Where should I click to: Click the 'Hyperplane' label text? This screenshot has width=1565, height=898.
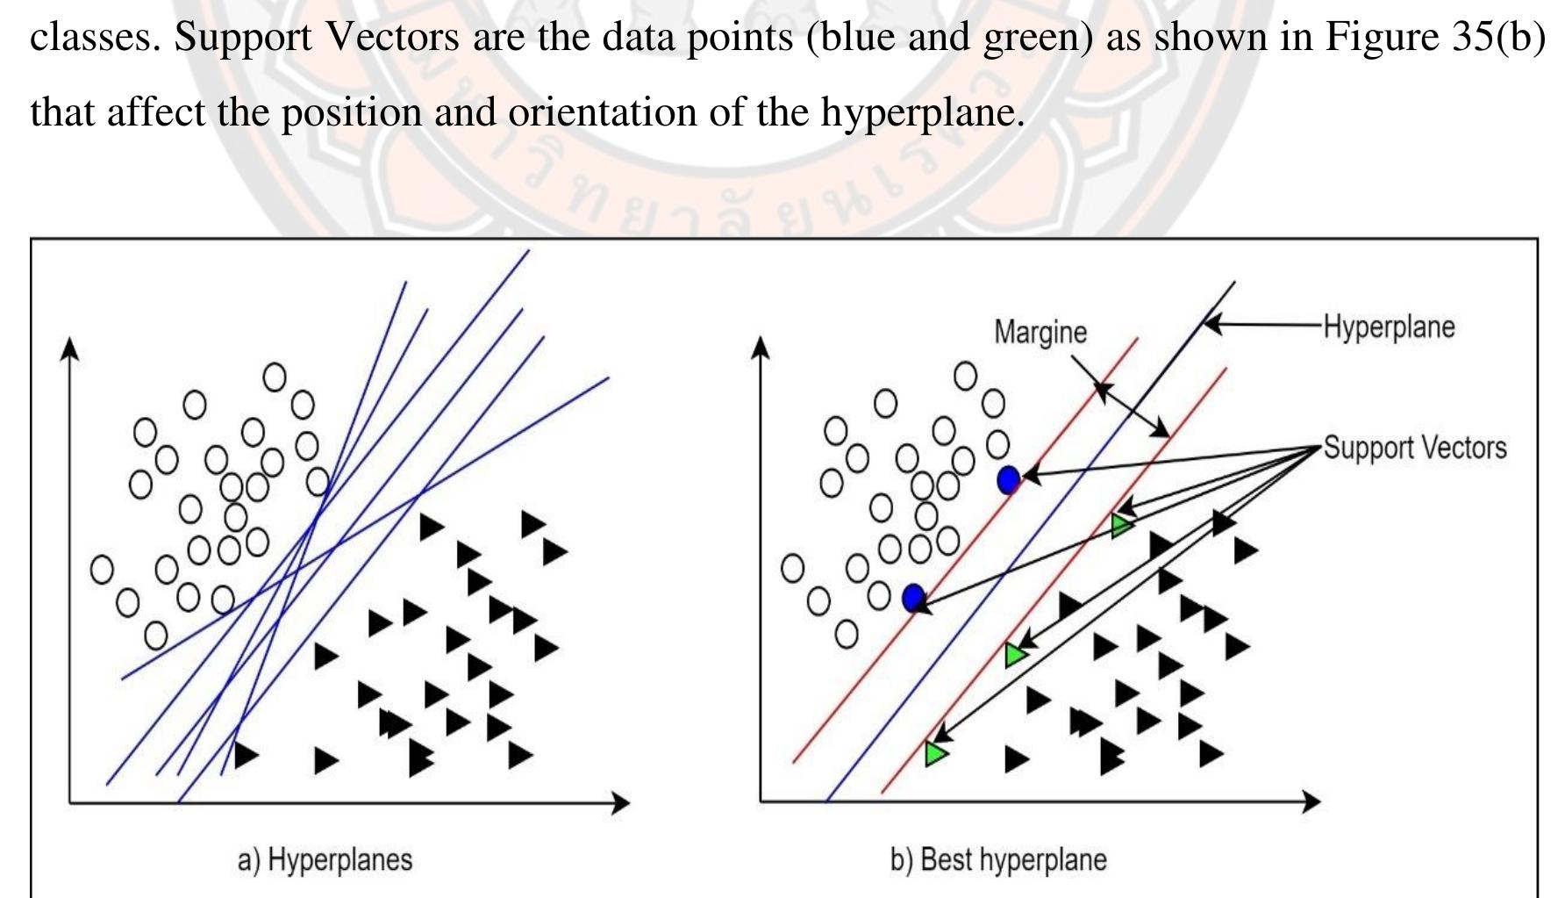tap(1389, 327)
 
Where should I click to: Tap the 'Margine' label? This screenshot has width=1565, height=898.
tap(1040, 332)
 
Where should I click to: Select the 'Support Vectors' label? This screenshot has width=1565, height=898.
tap(1415, 448)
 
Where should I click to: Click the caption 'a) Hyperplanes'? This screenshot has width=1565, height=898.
tap(325, 859)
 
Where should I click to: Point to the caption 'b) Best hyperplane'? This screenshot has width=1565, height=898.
tap(998, 859)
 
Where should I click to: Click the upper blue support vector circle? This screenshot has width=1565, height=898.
tap(1009, 479)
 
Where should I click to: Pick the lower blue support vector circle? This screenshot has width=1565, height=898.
tap(914, 598)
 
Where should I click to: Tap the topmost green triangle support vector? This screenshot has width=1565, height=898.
tap(1122, 525)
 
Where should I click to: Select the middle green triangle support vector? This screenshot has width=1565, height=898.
tap(1016, 655)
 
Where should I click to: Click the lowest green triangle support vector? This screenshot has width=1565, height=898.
tap(937, 753)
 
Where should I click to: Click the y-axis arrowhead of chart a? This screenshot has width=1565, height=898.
tap(70, 348)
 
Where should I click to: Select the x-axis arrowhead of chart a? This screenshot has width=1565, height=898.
tap(618, 802)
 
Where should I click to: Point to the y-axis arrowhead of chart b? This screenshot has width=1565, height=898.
tap(761, 348)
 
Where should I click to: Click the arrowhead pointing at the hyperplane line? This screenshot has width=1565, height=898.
tap(1212, 325)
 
